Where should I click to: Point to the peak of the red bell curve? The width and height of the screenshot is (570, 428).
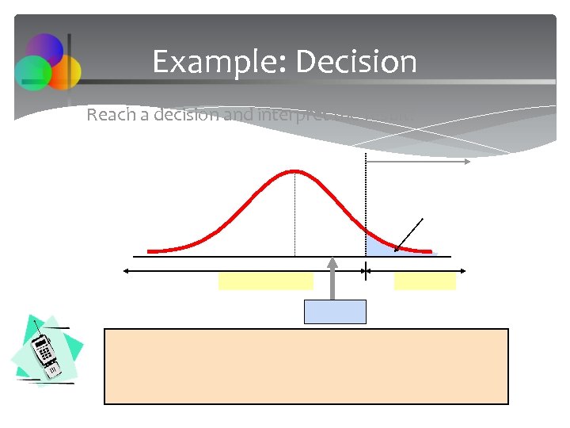coord(294,170)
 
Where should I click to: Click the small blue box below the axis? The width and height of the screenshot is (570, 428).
coord(336,311)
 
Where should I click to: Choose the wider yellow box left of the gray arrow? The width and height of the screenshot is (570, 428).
coord(265,281)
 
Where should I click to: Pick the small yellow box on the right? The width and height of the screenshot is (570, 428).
coord(424,281)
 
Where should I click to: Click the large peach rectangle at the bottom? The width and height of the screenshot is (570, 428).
coord(306,366)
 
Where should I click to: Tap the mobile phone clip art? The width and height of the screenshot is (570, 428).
coord(46,355)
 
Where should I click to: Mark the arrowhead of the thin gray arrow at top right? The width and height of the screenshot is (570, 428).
coord(468,161)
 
